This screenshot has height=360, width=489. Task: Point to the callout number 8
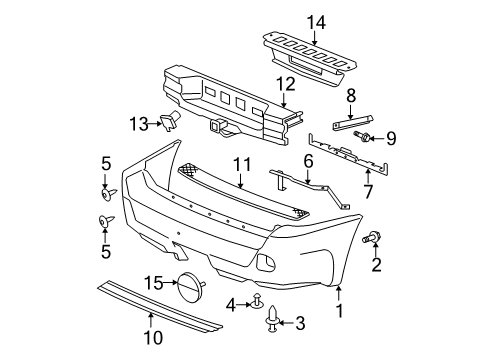click(351, 97)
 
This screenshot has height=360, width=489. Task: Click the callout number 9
click(390, 137)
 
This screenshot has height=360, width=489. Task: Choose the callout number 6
click(309, 159)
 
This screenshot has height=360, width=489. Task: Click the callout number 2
click(377, 265)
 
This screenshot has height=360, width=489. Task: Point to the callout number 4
click(232, 303)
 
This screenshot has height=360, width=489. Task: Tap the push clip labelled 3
click(272, 322)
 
